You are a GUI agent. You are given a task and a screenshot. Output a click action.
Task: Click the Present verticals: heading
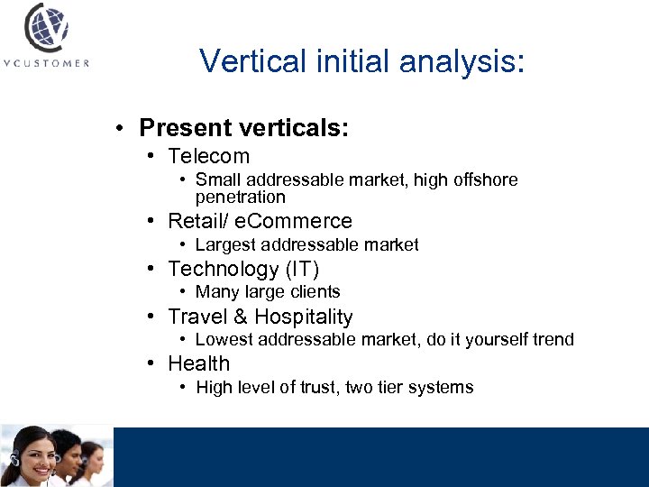pyautogui.click(x=243, y=128)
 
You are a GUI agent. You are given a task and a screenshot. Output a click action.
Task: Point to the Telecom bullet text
pyautogui.click(x=208, y=156)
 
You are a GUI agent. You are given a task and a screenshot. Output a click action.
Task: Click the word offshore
pyautogui.click(x=488, y=179)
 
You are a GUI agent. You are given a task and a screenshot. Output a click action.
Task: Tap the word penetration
pyautogui.click(x=240, y=197)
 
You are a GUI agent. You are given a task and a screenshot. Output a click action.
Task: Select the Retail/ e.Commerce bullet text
pyautogui.click(x=260, y=221)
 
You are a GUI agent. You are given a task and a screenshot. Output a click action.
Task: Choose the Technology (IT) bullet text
pyautogui.click(x=243, y=269)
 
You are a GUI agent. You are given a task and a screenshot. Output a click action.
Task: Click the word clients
pyautogui.click(x=312, y=291)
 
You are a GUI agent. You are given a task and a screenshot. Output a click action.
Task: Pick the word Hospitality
pyautogui.click(x=304, y=317)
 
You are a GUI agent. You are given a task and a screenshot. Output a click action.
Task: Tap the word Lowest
pyautogui.click(x=224, y=339)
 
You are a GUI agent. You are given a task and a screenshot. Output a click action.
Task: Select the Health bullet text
pyautogui.click(x=199, y=363)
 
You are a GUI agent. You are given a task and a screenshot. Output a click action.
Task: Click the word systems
pyautogui.click(x=441, y=387)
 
